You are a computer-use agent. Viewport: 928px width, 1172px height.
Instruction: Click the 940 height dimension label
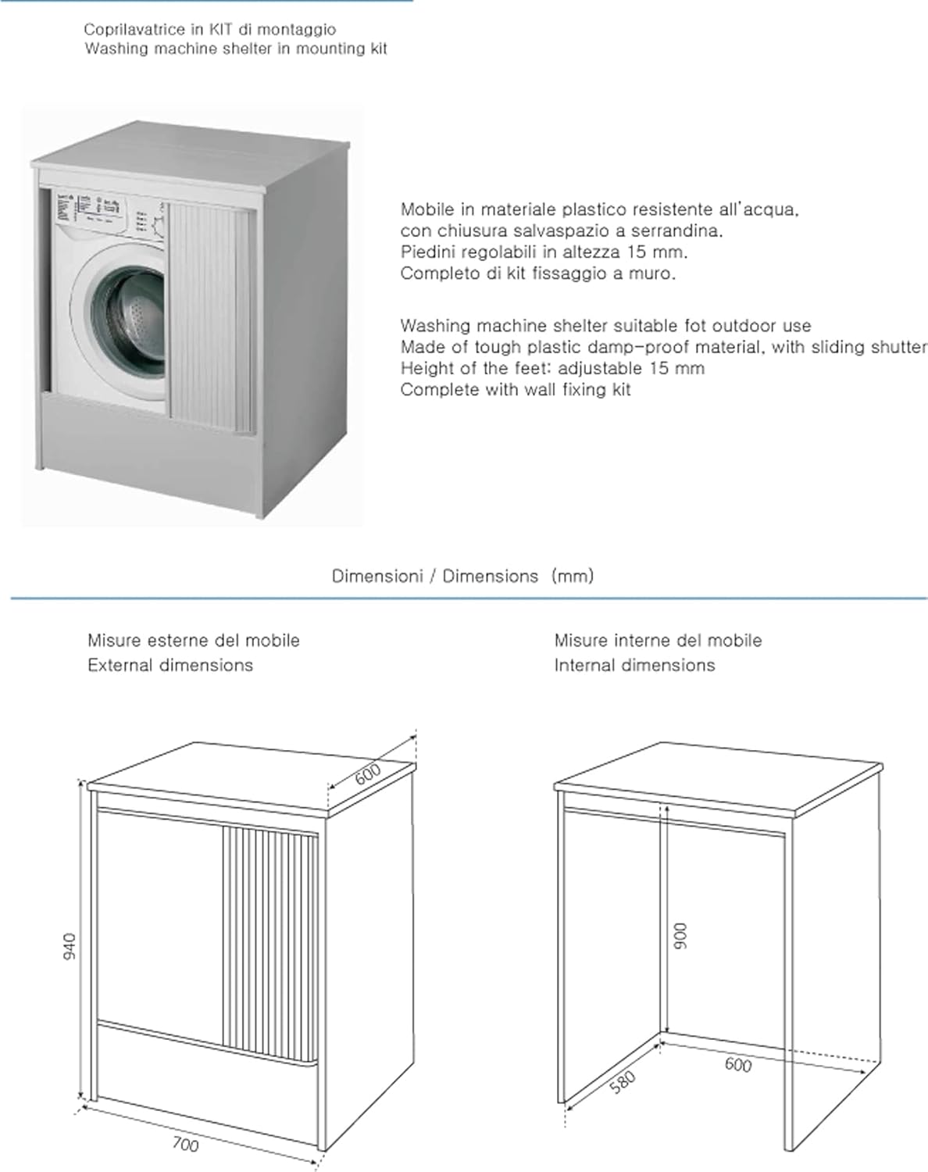click(x=70, y=946)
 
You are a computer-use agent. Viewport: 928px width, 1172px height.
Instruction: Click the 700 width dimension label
click(x=185, y=1145)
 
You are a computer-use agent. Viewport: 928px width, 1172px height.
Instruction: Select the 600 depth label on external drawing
click(x=368, y=774)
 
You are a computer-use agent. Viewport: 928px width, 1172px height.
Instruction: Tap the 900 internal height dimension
click(x=680, y=936)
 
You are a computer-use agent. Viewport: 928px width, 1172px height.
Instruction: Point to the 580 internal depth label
click(x=623, y=1082)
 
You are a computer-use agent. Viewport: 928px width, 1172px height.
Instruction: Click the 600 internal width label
click(x=737, y=1064)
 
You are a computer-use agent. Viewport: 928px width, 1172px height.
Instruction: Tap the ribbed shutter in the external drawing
click(x=269, y=945)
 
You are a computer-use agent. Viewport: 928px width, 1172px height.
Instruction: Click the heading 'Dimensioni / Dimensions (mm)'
click(x=462, y=577)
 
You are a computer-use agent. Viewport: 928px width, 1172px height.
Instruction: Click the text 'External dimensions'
click(x=170, y=666)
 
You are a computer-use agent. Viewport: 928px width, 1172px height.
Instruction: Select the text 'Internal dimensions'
click(x=634, y=666)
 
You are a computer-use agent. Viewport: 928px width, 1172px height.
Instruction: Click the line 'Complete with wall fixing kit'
click(x=516, y=390)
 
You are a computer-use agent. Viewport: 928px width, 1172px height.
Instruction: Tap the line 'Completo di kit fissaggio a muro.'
click(x=537, y=273)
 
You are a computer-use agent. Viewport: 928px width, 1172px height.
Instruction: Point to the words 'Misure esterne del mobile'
click(x=193, y=641)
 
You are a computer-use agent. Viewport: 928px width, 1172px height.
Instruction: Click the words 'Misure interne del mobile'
click(x=658, y=641)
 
